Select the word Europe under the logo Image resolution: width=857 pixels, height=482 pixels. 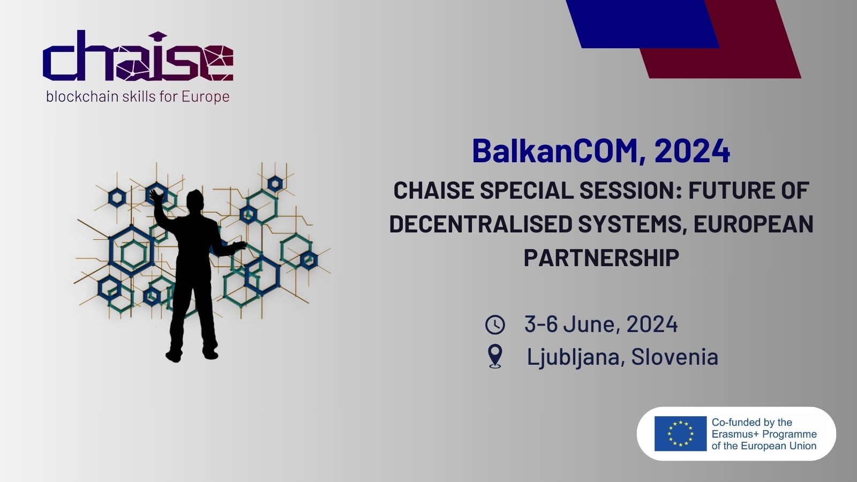tap(205, 97)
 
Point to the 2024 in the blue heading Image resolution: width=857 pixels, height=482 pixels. tap(692, 151)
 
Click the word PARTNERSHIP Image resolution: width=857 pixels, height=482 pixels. tap(601, 258)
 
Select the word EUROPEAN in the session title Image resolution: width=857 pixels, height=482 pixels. tap(753, 224)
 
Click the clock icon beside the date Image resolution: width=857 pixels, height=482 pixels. tap(495, 325)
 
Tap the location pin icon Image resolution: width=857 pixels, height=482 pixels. tap(495, 356)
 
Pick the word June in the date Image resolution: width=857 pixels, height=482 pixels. tap(591, 325)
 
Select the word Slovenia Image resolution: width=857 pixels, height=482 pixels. tap(674, 357)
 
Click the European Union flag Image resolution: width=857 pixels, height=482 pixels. tap(680, 433)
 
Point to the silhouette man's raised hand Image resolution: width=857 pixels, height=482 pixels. tap(156, 196)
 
